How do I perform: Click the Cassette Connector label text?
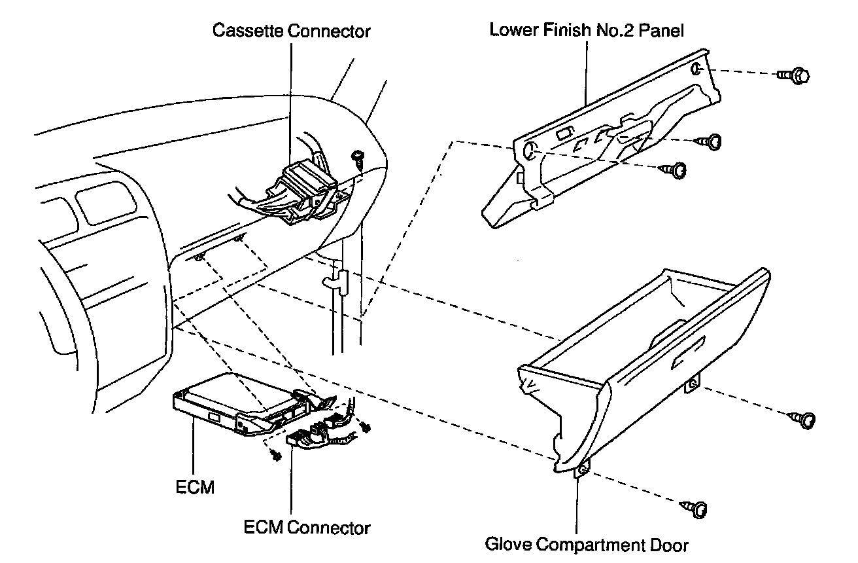(292, 31)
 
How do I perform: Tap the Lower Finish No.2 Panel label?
(587, 31)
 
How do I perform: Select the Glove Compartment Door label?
(587, 543)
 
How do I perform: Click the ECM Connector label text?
(306, 527)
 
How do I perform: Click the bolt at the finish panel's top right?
(794, 76)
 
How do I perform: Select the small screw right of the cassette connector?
(358, 157)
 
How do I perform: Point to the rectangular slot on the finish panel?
(562, 136)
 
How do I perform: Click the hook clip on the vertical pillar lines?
(335, 281)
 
